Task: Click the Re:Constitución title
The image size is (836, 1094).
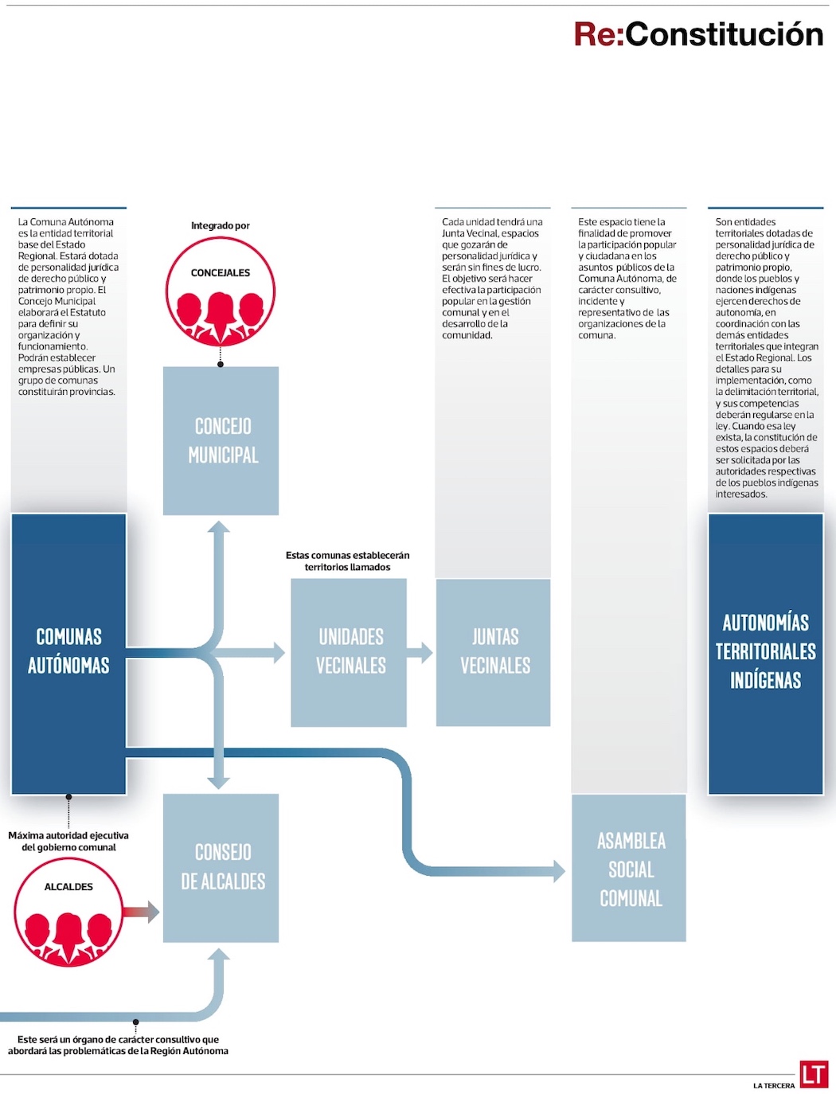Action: (x=698, y=34)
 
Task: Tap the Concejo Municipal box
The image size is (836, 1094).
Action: (x=221, y=440)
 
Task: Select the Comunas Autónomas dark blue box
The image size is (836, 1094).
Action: (x=68, y=653)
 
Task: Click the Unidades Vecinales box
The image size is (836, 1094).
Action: (x=349, y=652)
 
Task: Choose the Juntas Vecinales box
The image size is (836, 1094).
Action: (x=494, y=652)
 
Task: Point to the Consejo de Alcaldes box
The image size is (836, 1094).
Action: (x=221, y=868)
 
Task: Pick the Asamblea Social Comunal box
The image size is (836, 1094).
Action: (x=629, y=868)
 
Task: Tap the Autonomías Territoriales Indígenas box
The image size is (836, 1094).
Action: (x=765, y=653)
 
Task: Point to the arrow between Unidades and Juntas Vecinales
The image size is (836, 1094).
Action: (x=420, y=653)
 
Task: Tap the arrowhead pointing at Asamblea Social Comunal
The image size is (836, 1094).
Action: (x=559, y=870)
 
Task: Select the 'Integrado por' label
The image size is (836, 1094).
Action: (x=221, y=226)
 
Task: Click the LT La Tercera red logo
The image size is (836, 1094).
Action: (x=814, y=1074)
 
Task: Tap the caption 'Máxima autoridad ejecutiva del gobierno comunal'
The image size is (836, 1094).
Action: (x=68, y=842)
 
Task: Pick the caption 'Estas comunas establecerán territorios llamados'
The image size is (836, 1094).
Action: (x=348, y=561)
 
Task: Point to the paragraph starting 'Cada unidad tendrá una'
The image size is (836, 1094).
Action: (x=492, y=279)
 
